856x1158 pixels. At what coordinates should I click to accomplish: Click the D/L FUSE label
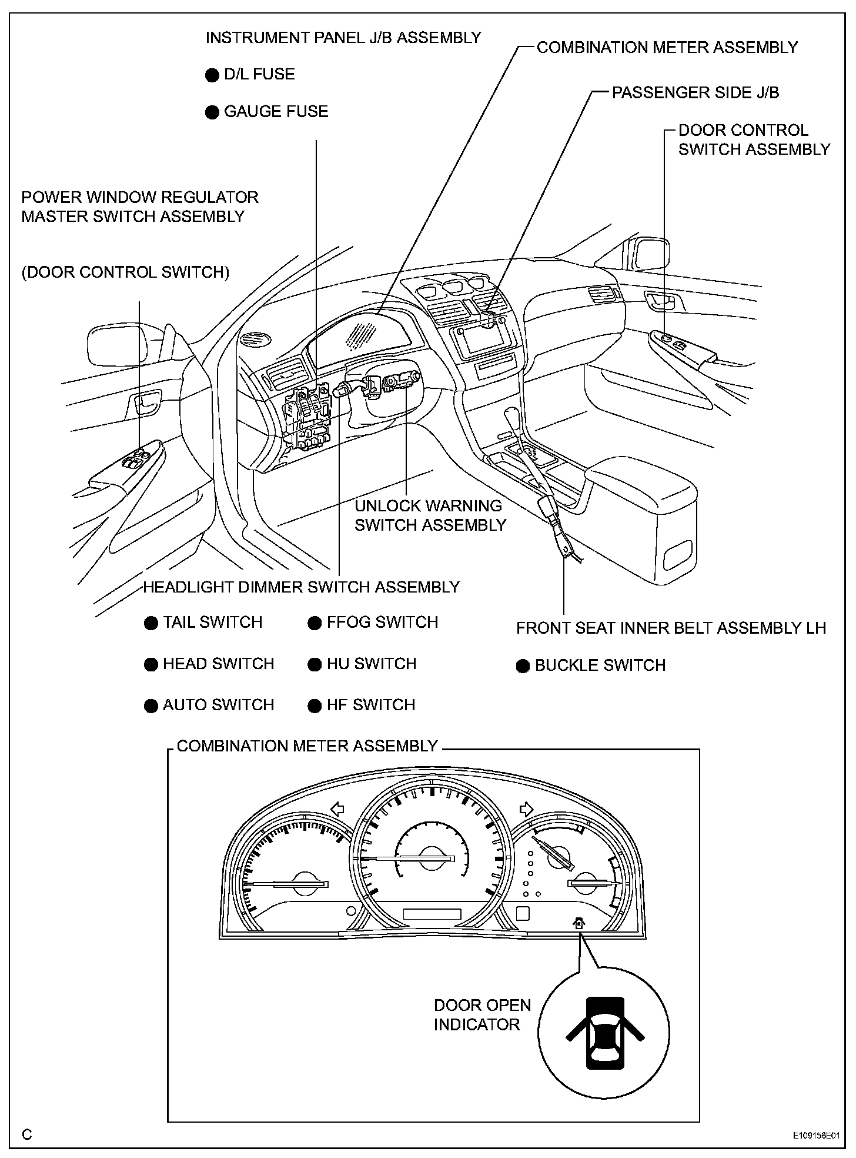(259, 75)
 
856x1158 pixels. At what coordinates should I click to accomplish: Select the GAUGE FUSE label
(276, 112)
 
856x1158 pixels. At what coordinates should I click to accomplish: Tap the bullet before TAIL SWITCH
(151, 623)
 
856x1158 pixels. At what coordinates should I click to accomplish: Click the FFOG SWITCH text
(382, 623)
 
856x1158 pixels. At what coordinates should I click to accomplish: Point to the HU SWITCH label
(372, 664)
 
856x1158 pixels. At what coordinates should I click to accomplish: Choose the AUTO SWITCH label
(218, 705)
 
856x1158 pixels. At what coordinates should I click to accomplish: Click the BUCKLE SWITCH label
(600, 665)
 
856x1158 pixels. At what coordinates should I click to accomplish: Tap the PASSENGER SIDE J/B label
(695, 93)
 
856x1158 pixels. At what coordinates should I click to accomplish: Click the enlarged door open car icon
(604, 1032)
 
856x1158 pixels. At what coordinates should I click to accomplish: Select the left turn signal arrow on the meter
(337, 809)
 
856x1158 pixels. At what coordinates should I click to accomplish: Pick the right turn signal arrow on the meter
(526, 809)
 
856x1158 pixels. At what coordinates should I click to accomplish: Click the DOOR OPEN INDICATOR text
(482, 1014)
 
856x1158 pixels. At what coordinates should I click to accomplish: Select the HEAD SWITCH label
(218, 664)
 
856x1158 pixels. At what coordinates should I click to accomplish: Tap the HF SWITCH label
(371, 705)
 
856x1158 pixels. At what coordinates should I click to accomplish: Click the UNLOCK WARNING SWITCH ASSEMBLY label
(430, 515)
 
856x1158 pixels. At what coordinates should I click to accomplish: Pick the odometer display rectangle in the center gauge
(432, 914)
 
